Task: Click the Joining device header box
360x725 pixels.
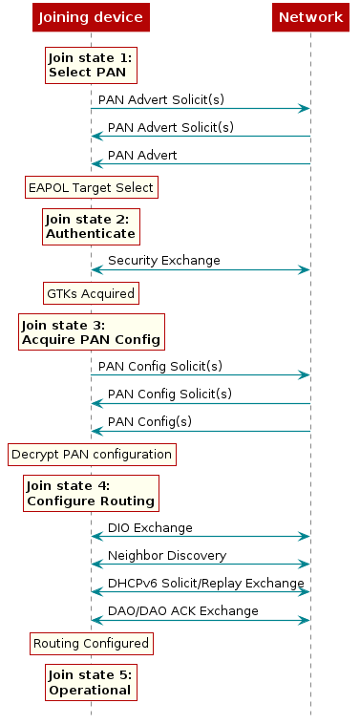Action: (91, 17)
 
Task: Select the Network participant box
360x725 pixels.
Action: (310, 17)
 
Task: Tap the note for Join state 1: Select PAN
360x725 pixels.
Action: (91, 65)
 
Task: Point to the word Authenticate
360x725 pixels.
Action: (91, 233)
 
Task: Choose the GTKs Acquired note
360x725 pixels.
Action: (91, 292)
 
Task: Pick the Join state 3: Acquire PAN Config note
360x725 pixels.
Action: (91, 331)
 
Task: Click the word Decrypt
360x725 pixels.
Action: (33, 454)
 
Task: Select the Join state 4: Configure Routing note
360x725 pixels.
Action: (91, 493)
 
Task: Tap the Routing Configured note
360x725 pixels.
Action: (91, 643)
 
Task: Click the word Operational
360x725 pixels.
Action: (90, 690)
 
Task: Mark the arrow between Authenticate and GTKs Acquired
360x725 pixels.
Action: (201, 270)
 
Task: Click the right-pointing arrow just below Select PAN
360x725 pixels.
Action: (201, 109)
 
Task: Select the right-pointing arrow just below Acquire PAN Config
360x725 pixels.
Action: (201, 374)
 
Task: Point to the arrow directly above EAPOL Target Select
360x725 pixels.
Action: (201, 163)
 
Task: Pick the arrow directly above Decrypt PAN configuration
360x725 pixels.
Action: (201, 431)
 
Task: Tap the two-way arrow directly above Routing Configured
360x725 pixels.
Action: (201, 620)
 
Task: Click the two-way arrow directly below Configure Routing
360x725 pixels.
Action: (201, 536)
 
